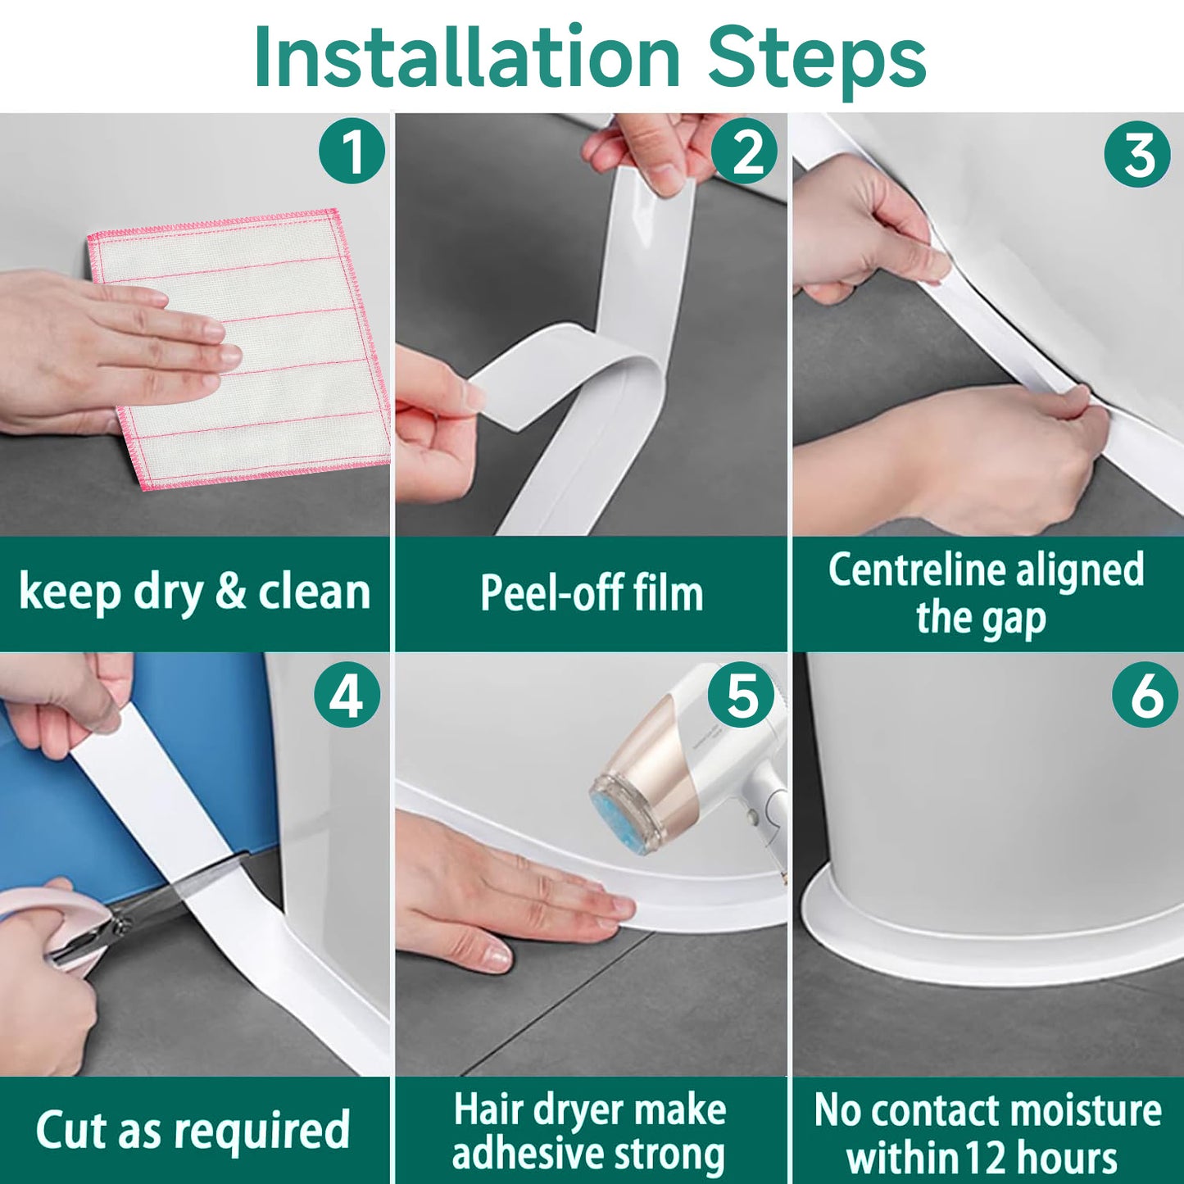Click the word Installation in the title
467,57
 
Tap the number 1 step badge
352,151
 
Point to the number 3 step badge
1137,154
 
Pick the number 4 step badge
347,695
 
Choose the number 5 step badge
742,695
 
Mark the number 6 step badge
1145,695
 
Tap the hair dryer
696,770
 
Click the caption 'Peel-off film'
592,593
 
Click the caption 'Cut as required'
193,1131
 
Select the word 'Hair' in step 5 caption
488,1109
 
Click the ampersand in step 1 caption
230,592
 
